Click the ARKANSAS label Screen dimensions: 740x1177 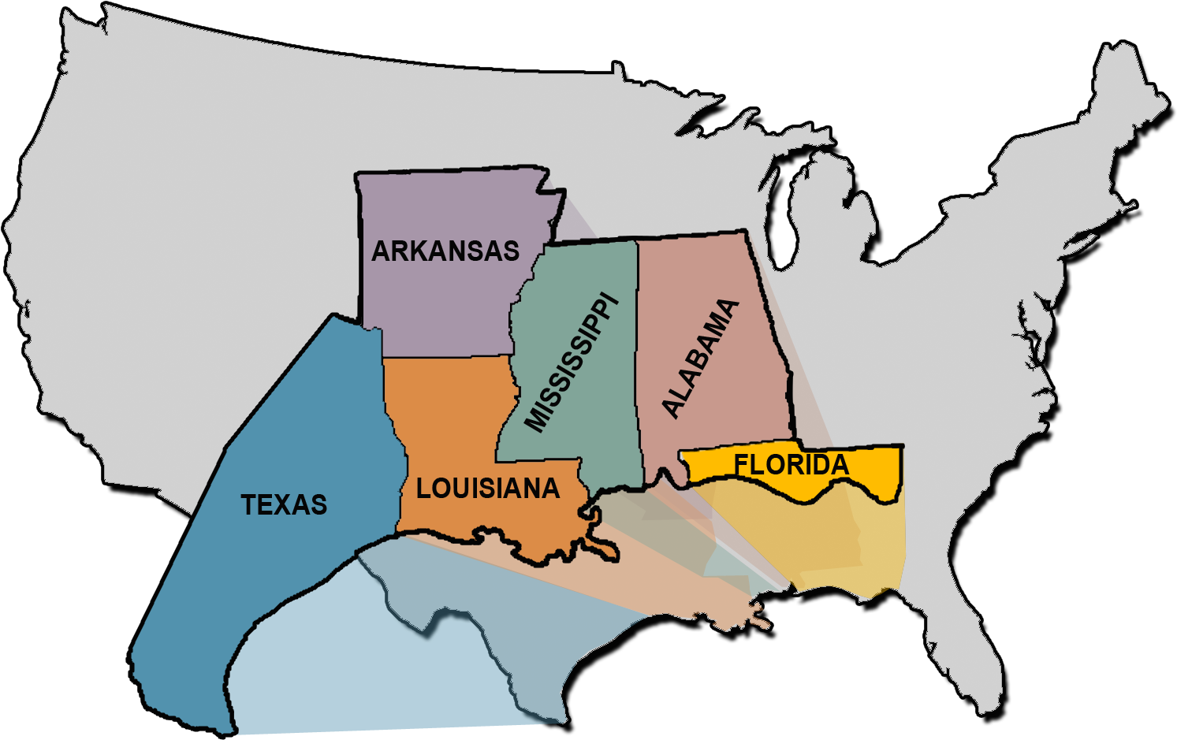[x=445, y=251]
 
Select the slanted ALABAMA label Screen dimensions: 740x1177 [x=700, y=359]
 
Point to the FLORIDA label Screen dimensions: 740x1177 [x=791, y=465]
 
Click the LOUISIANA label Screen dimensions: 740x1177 [x=488, y=489]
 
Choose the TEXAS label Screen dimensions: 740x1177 [x=284, y=504]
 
